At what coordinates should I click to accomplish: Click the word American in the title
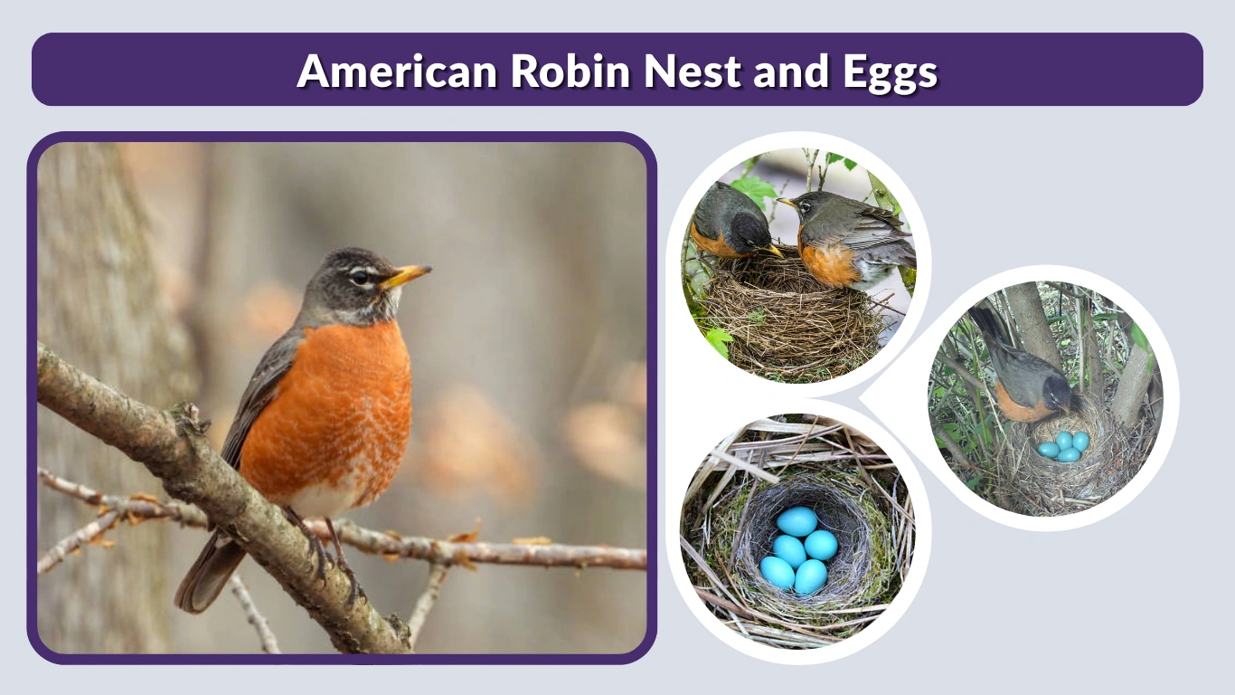(x=398, y=71)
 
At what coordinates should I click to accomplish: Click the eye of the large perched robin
(x=360, y=277)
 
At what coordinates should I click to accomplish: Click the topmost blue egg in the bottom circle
(x=797, y=521)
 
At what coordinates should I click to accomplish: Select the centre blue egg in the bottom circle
(x=789, y=549)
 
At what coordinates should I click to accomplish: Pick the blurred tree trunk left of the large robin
(x=99, y=271)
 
